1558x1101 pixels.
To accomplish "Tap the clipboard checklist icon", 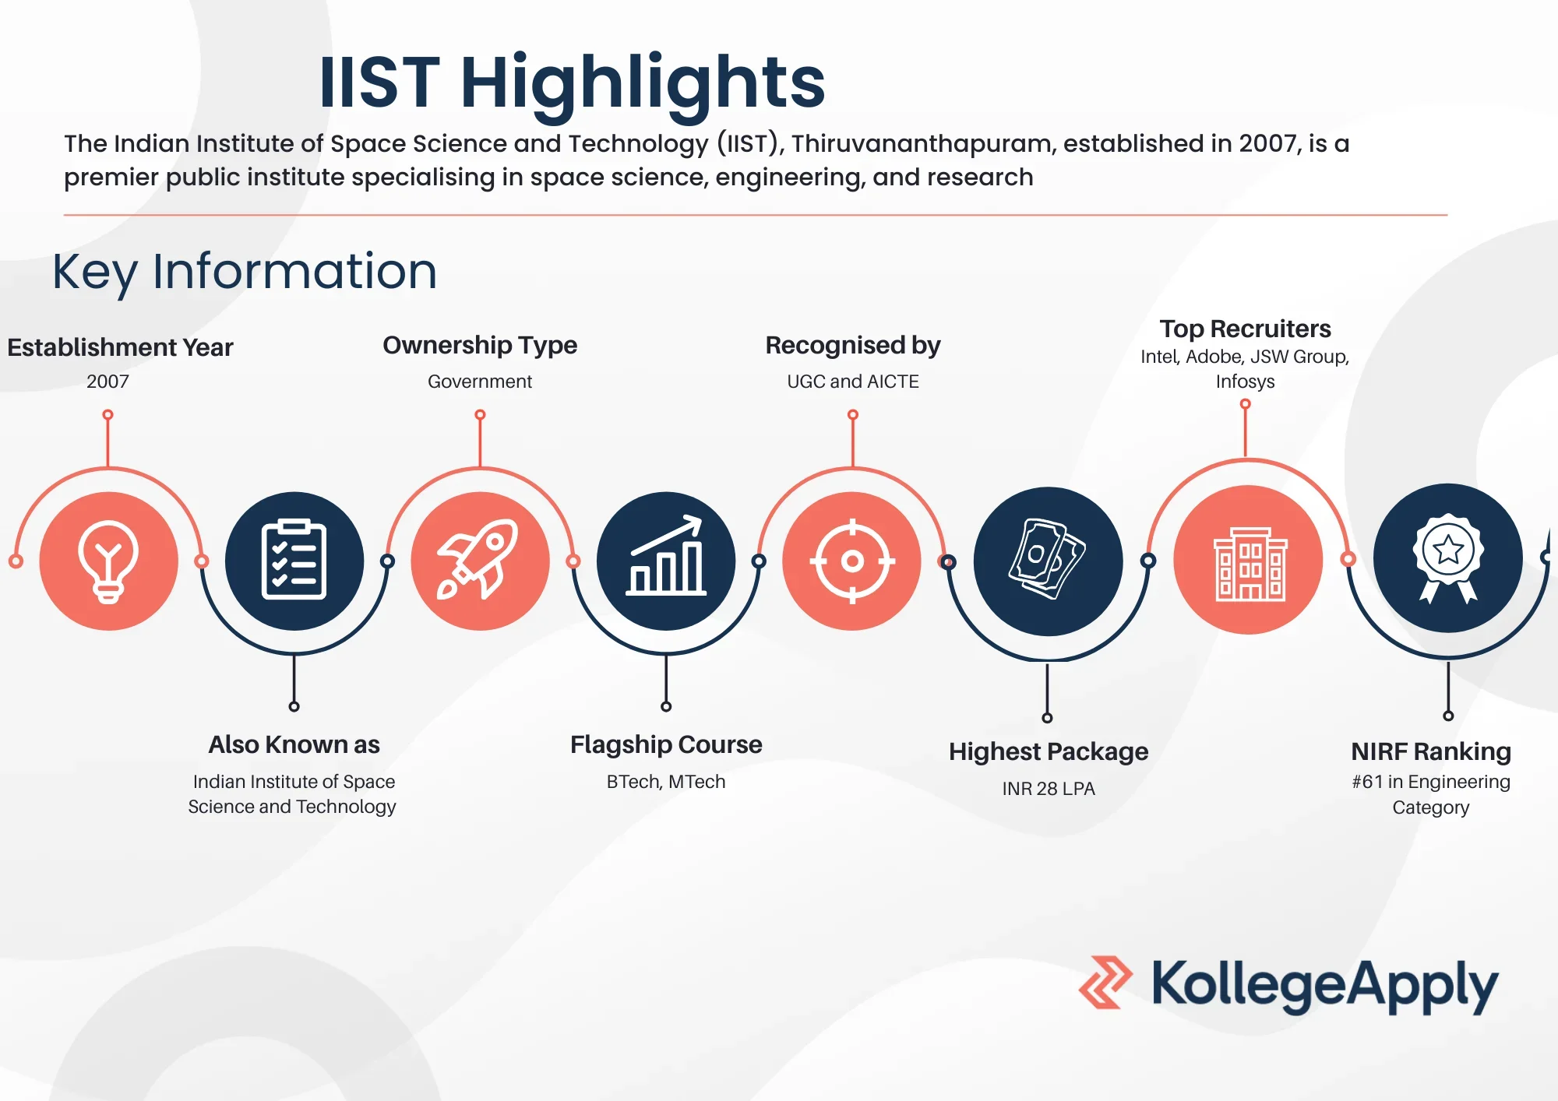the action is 294,560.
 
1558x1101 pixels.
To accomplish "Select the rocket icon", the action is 478,559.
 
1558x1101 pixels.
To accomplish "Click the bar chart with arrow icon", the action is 666,556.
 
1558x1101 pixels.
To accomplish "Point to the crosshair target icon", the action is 852,561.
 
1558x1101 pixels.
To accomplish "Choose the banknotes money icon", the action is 1047,559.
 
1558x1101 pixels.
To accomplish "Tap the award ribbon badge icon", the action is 1448,558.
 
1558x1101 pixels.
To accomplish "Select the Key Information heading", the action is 245,273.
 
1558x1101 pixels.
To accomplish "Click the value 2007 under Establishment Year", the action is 108,382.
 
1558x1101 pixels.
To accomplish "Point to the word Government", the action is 480,382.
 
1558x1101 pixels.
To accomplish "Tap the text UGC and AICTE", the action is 853,382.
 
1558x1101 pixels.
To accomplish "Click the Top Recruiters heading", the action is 1245,329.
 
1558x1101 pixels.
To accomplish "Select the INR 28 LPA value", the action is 1049,789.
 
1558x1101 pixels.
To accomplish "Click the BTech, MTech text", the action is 666,782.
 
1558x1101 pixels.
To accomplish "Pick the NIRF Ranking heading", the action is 1431,751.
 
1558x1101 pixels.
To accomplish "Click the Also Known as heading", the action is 294,744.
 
